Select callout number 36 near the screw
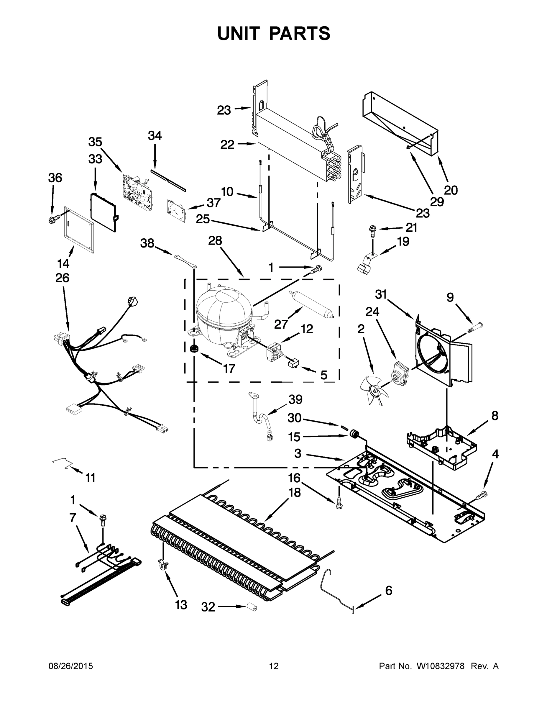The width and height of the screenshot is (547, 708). click(55, 178)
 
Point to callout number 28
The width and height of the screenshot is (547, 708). click(215, 240)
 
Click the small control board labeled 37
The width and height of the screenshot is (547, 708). click(176, 211)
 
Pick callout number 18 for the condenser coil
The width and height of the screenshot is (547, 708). click(295, 492)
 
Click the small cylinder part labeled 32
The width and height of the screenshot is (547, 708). click(252, 607)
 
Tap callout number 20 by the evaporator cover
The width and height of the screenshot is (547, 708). click(451, 190)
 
